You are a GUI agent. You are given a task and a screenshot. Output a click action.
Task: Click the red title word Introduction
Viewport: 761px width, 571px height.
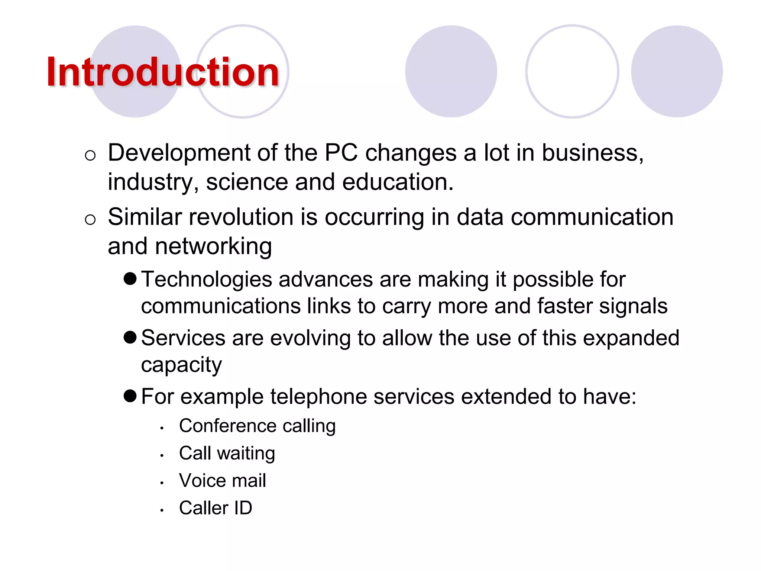[163, 72]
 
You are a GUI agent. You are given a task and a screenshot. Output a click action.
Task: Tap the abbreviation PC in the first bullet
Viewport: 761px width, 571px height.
[341, 153]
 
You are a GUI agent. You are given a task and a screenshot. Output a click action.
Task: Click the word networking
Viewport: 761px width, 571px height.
[213, 246]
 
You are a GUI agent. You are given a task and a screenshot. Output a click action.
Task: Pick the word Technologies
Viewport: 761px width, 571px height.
[207, 280]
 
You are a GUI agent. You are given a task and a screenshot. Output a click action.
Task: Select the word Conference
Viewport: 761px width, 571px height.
[227, 426]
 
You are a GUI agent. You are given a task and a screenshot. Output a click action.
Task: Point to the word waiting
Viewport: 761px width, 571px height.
[246, 454]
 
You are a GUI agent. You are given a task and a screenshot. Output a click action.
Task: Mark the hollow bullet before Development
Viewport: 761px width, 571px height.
[90, 155]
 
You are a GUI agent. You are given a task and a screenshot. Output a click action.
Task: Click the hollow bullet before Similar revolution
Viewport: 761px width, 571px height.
[90, 220]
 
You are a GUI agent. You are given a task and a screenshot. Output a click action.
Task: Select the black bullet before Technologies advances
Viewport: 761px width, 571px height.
[130, 279]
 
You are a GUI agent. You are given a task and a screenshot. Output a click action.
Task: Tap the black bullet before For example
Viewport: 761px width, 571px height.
[130, 396]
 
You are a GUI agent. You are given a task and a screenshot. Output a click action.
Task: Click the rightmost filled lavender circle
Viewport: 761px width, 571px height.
[677, 71]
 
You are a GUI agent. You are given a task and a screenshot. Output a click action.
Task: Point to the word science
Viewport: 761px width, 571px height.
[247, 182]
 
